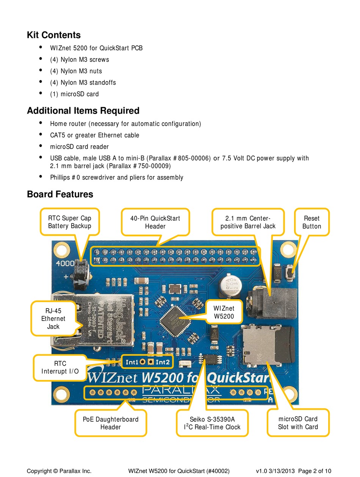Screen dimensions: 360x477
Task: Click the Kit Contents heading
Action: tap(53, 35)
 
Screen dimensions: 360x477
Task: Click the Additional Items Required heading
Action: tap(83, 111)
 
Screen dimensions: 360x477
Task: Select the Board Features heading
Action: tap(60, 194)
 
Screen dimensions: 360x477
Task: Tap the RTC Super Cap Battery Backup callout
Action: tap(70, 222)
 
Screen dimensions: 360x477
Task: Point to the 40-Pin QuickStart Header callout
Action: tap(155, 222)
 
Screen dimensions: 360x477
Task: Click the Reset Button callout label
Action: tap(311, 222)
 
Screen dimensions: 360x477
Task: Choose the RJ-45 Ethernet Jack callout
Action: tap(53, 318)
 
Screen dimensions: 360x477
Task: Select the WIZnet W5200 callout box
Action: tap(224, 312)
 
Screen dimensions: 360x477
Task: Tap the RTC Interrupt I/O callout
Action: tap(60, 367)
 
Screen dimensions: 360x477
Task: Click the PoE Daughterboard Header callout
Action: tap(111, 423)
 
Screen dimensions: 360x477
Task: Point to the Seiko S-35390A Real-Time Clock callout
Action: tap(212, 423)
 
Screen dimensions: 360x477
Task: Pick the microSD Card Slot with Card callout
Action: tap(298, 422)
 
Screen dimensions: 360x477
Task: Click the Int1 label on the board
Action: tap(132, 362)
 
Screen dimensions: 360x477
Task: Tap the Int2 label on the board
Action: tap(163, 362)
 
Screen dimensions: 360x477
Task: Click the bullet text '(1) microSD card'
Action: tap(74, 94)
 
